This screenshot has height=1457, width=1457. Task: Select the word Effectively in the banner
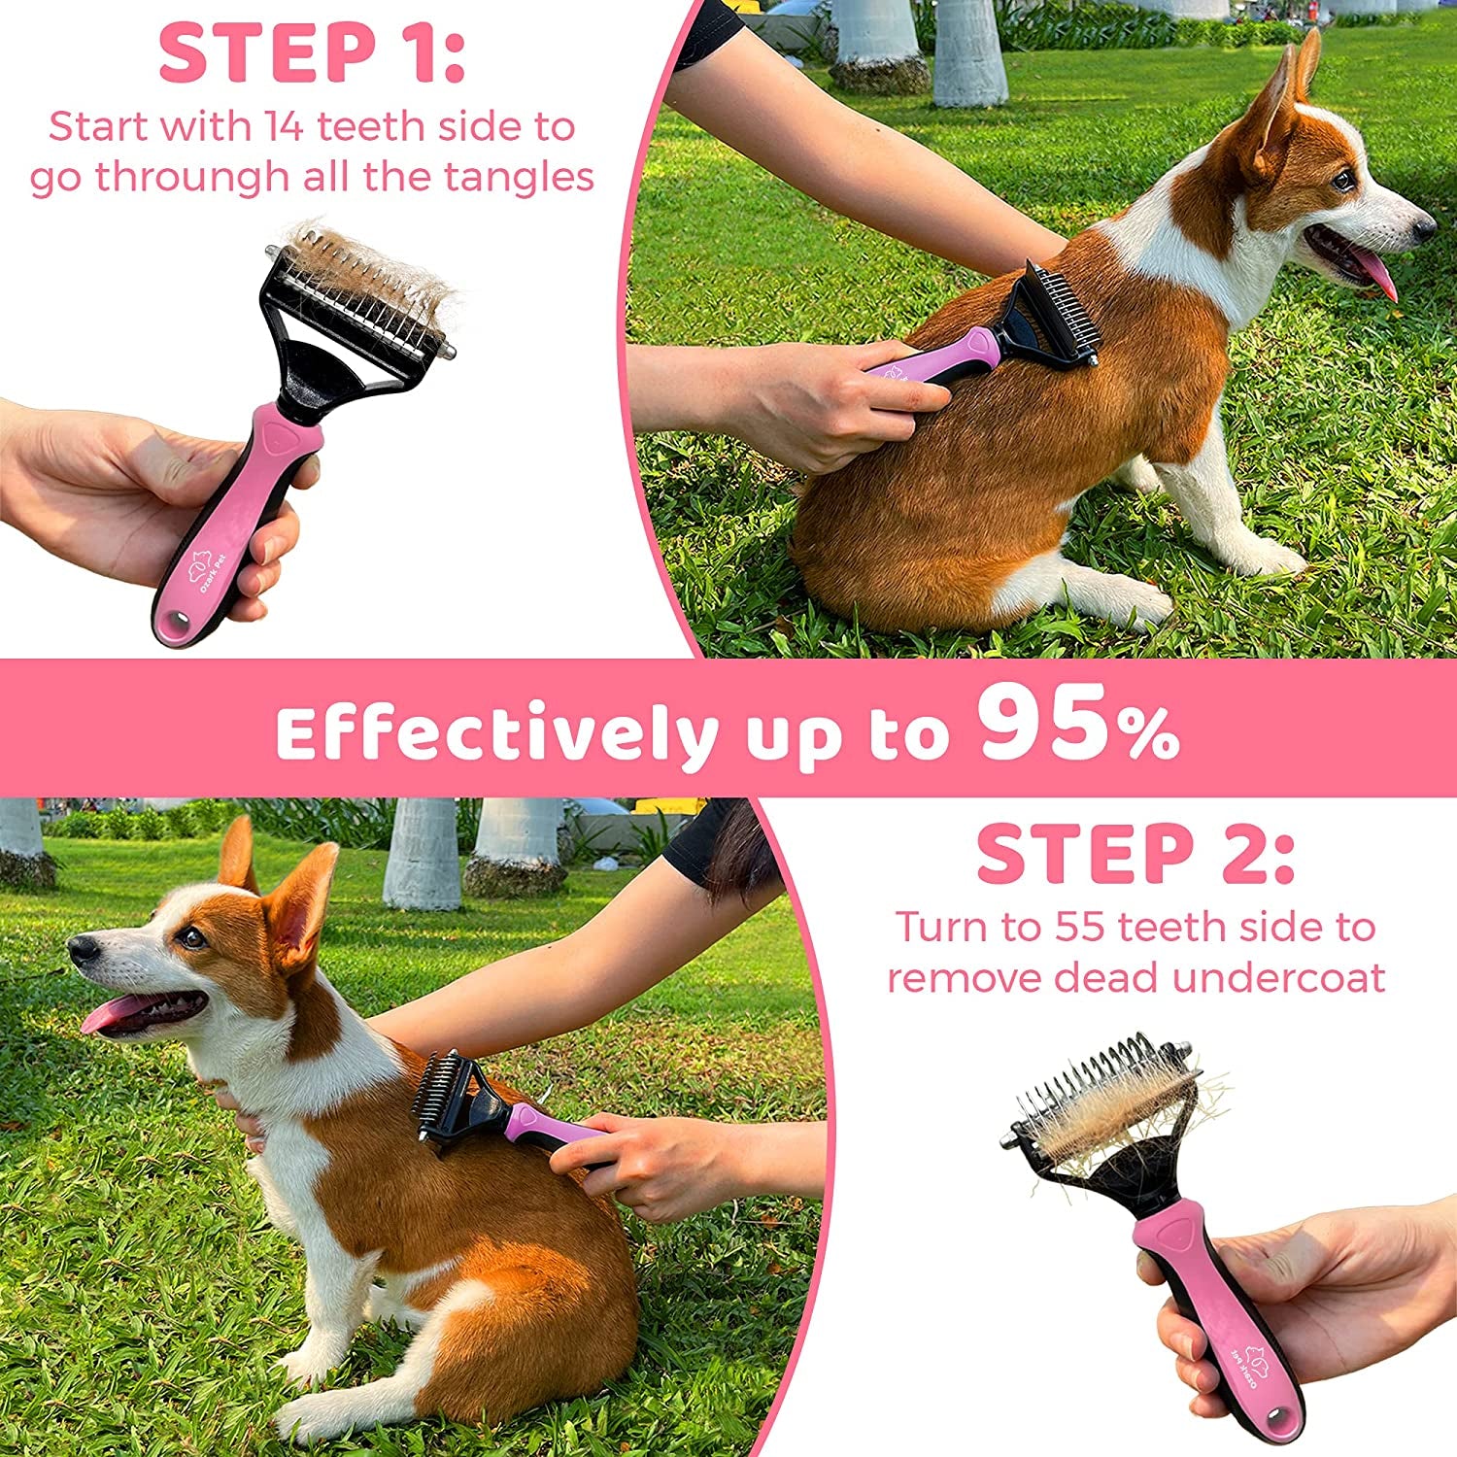click(x=496, y=735)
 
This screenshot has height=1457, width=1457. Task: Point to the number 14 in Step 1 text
click(x=286, y=126)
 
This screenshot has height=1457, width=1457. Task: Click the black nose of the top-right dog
click(x=1424, y=227)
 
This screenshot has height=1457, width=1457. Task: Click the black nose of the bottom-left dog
click(x=82, y=947)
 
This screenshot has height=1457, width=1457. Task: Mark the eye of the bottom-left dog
click(x=190, y=937)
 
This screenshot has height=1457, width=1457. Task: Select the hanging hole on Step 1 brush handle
click(x=176, y=623)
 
